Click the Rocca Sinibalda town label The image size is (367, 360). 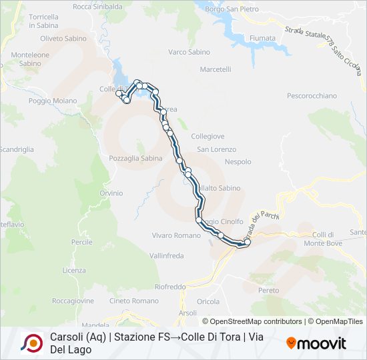(97, 7)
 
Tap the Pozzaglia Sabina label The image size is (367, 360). (135, 158)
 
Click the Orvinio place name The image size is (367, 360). (111, 193)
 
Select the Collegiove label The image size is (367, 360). (208, 136)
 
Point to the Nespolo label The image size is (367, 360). (238, 162)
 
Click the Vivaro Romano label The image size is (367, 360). (176, 235)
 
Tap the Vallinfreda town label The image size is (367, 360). (166, 255)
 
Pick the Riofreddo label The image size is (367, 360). (170, 287)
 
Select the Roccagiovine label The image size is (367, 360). (73, 301)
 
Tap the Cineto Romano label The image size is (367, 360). (134, 301)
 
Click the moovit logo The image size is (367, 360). (316, 343)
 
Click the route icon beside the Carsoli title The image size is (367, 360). (32, 343)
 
